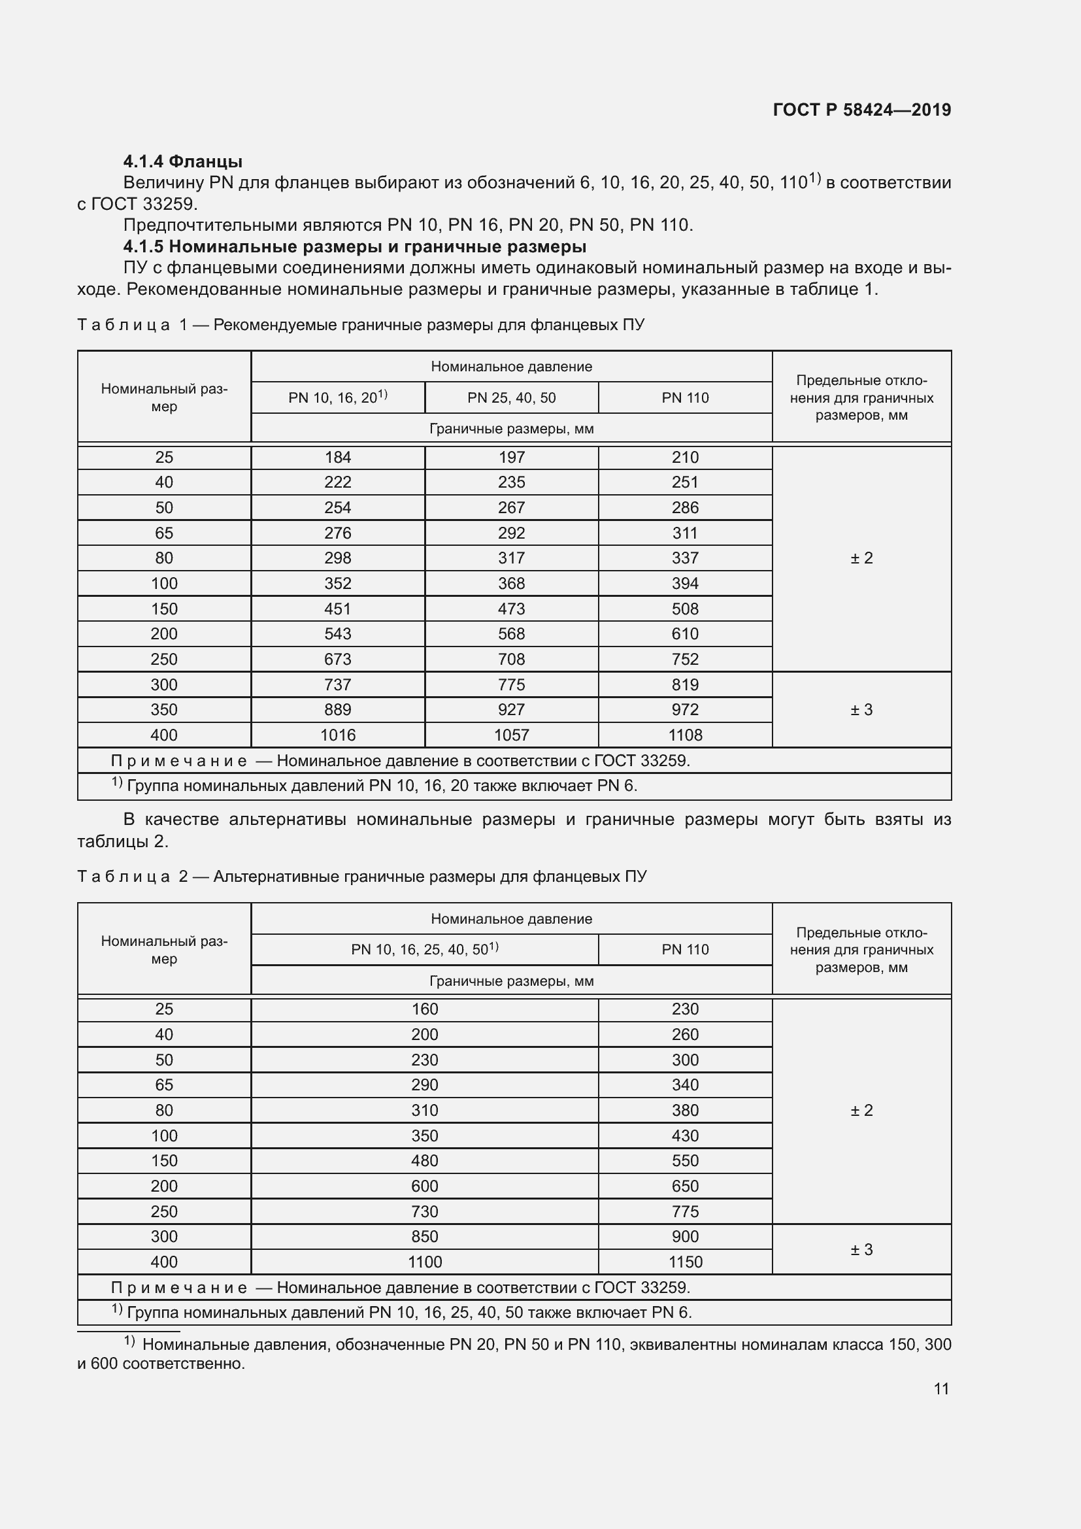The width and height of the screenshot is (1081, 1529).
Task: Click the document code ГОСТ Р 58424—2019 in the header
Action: click(861, 110)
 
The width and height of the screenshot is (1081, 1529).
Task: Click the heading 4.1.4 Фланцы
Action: click(182, 161)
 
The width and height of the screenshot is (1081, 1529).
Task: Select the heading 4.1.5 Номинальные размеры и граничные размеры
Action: click(354, 246)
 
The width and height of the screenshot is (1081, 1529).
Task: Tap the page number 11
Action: click(940, 1388)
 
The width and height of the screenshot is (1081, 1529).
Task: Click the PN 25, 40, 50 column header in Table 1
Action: click(510, 397)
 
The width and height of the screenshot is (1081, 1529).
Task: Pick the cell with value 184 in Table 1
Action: click(337, 458)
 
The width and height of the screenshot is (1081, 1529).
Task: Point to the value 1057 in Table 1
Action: click(510, 735)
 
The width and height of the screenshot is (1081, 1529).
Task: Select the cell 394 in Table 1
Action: click(684, 583)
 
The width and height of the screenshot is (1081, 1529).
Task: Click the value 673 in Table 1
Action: click(337, 660)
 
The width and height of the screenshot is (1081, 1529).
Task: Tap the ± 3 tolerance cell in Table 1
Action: click(861, 710)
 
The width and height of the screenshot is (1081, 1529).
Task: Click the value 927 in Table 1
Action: click(510, 710)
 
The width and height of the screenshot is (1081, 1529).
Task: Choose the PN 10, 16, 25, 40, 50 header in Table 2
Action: click(424, 950)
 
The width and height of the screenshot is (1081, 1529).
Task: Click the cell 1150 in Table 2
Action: click(684, 1261)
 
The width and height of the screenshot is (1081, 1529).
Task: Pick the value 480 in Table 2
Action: click(424, 1161)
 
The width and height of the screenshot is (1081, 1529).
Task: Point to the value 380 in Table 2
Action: click(684, 1110)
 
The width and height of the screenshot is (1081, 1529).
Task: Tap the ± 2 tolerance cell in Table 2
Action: click(861, 1110)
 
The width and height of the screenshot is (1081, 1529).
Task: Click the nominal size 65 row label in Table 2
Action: click(164, 1085)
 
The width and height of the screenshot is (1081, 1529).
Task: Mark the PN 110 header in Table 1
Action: click(684, 397)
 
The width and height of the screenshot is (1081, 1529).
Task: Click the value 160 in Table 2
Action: click(424, 1009)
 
